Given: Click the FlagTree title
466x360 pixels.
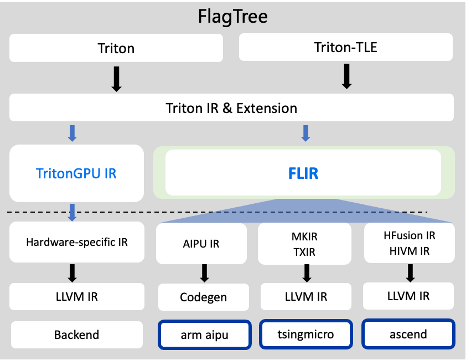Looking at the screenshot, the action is click(232, 17).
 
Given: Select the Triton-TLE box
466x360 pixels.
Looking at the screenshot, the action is click(346, 47).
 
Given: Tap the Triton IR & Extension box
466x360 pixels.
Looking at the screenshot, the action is click(231, 107).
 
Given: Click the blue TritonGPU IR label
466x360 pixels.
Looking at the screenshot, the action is click(76, 173).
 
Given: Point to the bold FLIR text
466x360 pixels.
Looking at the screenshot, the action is click(303, 173).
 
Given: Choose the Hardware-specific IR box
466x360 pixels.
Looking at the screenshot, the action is click(77, 242).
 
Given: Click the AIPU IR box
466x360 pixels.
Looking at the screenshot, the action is click(201, 244).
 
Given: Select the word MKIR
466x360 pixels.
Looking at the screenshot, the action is click(304, 236).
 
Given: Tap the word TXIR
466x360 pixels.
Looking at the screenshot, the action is click(304, 252).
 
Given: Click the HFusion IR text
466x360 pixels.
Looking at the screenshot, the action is click(409, 235).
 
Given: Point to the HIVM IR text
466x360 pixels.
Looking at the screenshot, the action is click(409, 251).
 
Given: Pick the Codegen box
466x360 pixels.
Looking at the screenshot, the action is click(204, 297).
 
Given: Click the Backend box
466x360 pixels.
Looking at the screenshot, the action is click(77, 335).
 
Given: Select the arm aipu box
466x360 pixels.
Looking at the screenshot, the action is click(205, 335).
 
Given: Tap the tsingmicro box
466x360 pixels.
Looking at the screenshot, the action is click(306, 334).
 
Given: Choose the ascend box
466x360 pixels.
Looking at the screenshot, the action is click(408, 334).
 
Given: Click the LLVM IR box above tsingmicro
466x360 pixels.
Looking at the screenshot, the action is click(306, 296).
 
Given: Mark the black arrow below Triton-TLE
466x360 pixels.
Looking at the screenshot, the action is click(346, 76).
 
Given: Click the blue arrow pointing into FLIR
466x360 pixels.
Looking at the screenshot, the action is click(306, 133).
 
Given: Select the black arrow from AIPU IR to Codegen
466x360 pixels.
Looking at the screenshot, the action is click(204, 273).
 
